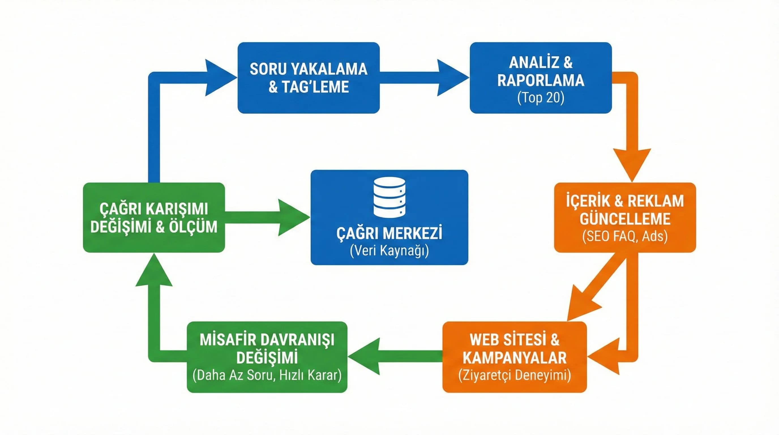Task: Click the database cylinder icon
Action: pyautogui.click(x=389, y=197)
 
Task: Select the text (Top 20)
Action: pyautogui.click(x=541, y=98)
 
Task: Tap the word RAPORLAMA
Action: pyautogui.click(x=541, y=80)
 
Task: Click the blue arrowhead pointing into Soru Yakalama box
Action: pyautogui.click(x=219, y=78)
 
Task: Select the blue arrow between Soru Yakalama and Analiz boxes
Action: pyautogui.click(x=423, y=78)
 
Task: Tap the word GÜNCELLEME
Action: pyautogui.click(x=625, y=219)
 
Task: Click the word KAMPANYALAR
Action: pyautogui.click(x=514, y=358)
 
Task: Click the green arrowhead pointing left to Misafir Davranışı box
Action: pyautogui.click(x=364, y=356)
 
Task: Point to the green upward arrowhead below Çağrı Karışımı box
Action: pyautogui.click(x=154, y=271)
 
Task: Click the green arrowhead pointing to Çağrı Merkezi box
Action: pyautogui.click(x=292, y=217)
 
